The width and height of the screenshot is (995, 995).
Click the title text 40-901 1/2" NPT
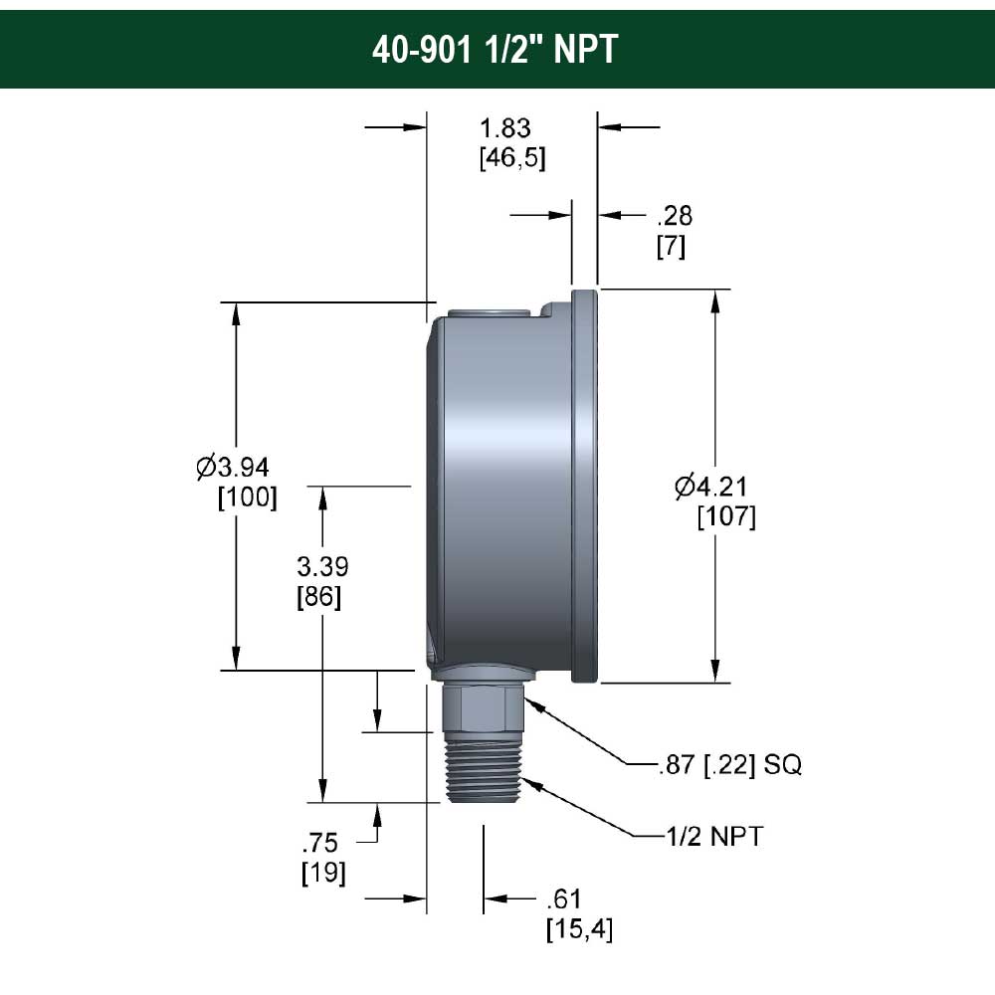495,49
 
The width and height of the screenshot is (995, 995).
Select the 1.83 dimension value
505,128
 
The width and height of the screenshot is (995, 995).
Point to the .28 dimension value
675,216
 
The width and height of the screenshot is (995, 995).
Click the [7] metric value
671,246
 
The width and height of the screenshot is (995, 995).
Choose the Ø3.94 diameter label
233,467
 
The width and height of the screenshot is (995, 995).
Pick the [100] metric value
248,497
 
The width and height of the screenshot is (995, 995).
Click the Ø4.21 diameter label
711,487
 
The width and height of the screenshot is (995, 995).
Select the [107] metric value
726,516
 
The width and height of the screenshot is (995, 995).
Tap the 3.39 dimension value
322,566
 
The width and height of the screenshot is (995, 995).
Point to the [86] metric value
318,596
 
